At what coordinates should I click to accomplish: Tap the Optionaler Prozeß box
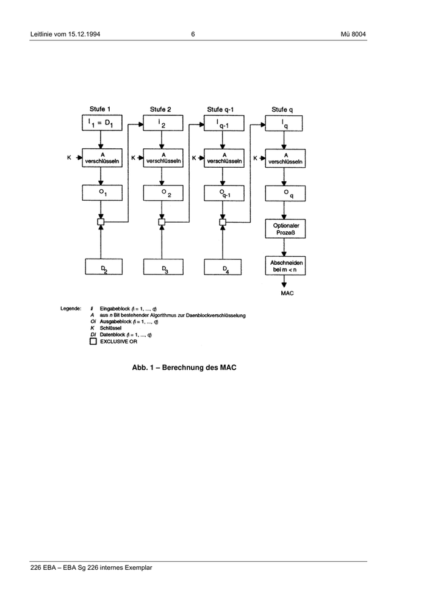284,229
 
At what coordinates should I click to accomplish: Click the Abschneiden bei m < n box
284,266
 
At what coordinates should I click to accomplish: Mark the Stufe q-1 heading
221,109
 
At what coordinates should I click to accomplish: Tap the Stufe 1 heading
101,109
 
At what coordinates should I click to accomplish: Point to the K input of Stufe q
256,159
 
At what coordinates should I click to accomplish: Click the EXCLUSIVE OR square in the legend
93,342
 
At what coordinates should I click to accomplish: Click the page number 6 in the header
193,34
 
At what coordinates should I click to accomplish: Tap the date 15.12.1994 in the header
82,34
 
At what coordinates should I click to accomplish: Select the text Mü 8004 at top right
353,34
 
